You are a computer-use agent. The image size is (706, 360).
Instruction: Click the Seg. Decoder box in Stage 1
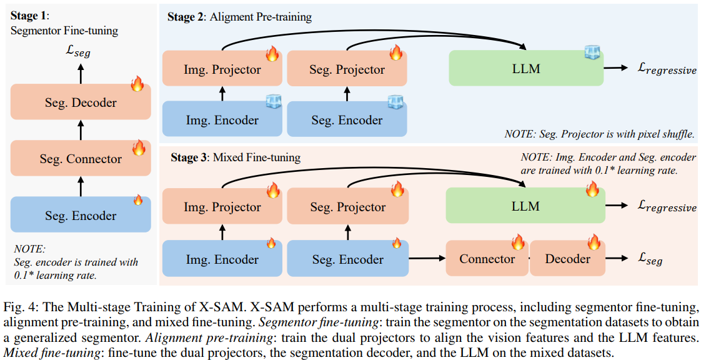pos(81,102)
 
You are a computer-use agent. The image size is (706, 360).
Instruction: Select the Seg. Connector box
pos(81,159)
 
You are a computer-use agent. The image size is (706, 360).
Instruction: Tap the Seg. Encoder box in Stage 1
pos(81,216)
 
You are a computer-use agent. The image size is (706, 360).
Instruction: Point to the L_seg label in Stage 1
pos(79,52)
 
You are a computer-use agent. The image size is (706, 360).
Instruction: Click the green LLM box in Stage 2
pos(526,69)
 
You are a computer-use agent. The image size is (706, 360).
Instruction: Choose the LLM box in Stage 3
pos(525,206)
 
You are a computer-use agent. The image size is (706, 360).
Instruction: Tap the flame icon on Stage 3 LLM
pos(592,188)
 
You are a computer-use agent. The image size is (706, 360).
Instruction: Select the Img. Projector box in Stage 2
pos(222,69)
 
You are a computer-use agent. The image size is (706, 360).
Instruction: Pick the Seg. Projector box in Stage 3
pos(347,207)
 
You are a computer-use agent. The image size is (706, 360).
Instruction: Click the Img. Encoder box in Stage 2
pos(222,119)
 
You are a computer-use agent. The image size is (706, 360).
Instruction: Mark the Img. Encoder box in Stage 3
pos(222,259)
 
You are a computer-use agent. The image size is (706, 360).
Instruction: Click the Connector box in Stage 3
pos(487,259)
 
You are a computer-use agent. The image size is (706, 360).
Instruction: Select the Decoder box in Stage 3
pos(567,259)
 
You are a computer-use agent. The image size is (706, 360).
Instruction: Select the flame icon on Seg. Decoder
pos(138,83)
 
